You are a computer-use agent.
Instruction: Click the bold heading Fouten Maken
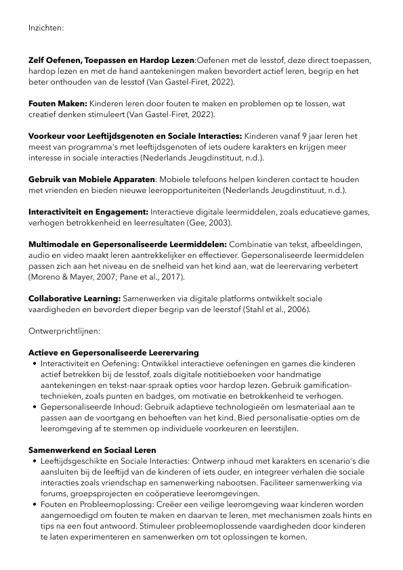pyautogui.click(x=58, y=103)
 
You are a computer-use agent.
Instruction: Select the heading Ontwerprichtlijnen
pyautogui.click(x=64, y=333)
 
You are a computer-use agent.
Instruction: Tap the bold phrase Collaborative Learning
pyautogui.click(x=75, y=298)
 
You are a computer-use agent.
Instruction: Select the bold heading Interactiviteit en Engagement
pyautogui.click(x=88, y=211)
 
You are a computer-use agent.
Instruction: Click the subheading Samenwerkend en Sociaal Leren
pyautogui.click(x=92, y=450)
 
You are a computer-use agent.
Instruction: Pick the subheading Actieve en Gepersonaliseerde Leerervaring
pyautogui.click(x=113, y=353)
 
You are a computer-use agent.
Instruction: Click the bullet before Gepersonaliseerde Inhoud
pyautogui.click(x=35, y=407)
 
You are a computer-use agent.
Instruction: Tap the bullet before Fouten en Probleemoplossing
pyautogui.click(x=35, y=504)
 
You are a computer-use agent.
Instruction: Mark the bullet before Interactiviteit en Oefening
pyautogui.click(x=35, y=364)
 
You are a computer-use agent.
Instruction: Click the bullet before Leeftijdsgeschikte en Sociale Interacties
pyautogui.click(x=35, y=461)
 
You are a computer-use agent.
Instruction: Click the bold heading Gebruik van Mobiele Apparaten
pyautogui.click(x=92, y=179)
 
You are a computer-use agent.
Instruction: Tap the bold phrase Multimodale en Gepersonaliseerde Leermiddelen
pyautogui.click(x=128, y=244)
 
